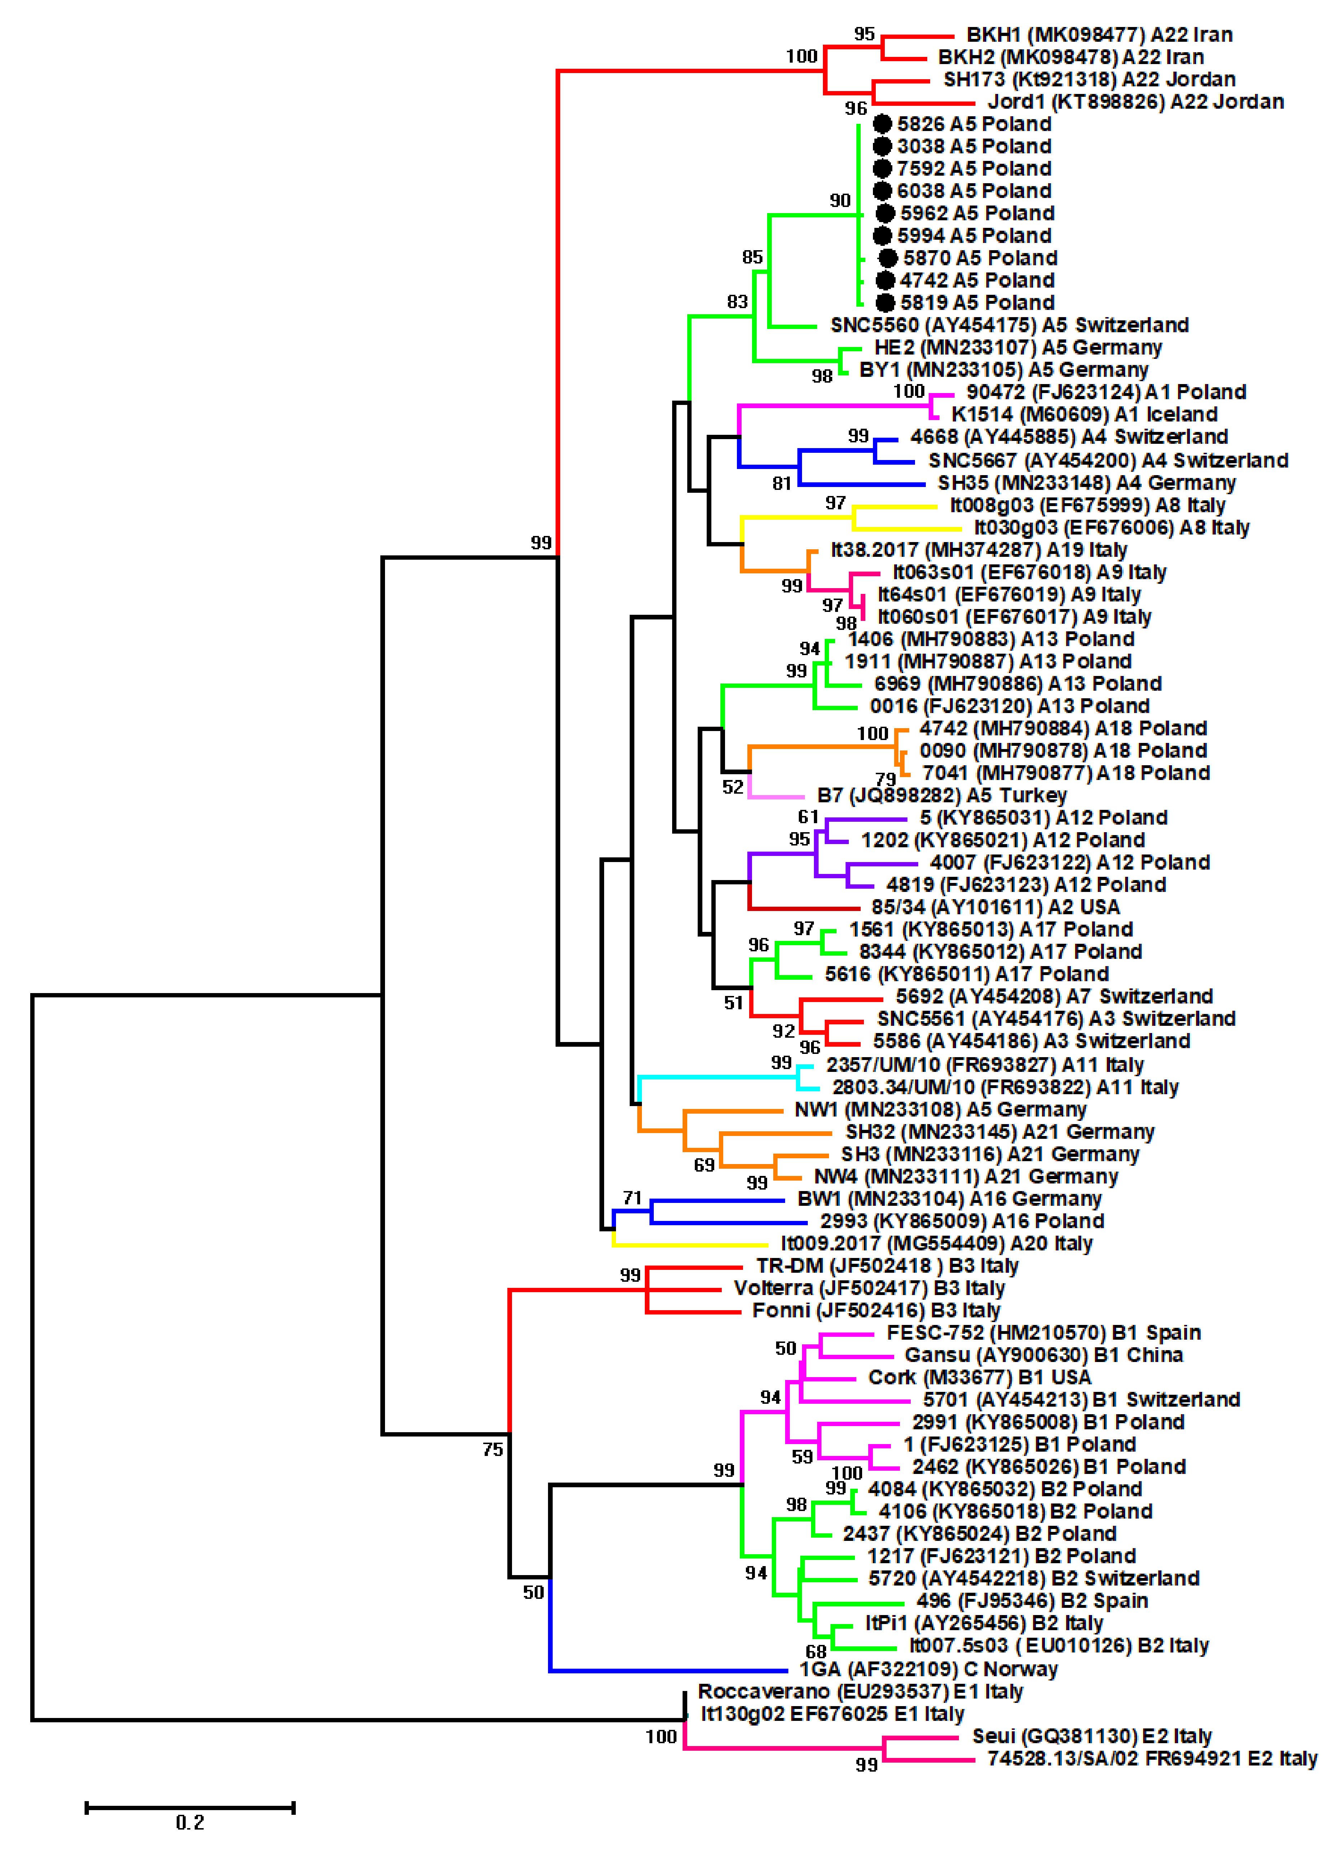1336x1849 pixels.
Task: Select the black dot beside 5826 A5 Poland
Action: click(882, 124)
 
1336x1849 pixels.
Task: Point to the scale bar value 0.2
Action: click(190, 1822)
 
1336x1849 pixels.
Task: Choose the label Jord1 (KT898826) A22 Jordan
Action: click(1136, 102)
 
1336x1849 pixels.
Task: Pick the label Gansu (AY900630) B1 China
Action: click(1043, 1355)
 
